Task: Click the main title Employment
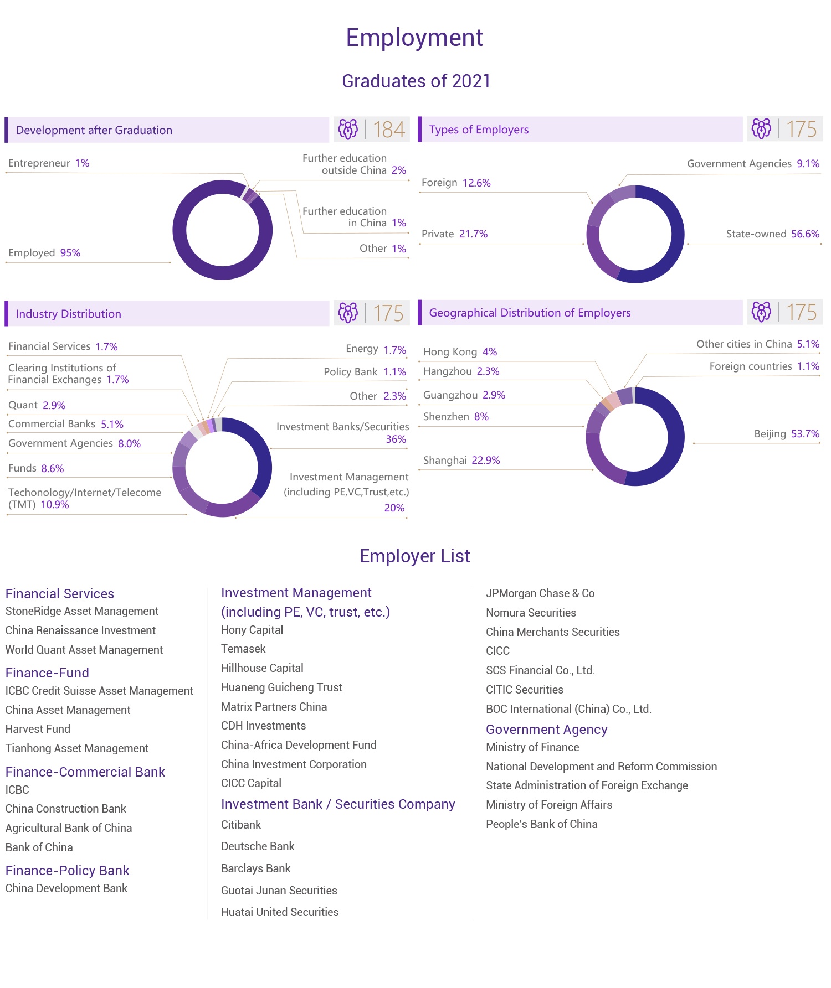click(x=414, y=38)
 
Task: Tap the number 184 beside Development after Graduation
click(x=389, y=130)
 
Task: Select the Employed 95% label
click(x=44, y=253)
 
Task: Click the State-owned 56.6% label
click(x=772, y=234)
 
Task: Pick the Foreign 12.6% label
click(x=456, y=183)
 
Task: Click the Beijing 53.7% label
click(x=786, y=434)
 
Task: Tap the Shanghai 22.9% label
click(x=461, y=461)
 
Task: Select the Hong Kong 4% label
click(x=460, y=352)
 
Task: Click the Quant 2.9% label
click(x=37, y=405)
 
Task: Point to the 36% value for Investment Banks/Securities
click(x=396, y=439)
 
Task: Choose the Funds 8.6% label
click(x=36, y=469)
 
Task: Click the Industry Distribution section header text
click(x=68, y=314)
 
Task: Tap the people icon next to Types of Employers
click(x=761, y=129)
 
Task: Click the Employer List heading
click(x=414, y=556)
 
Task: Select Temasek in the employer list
click(x=243, y=649)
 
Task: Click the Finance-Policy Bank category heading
click(x=67, y=871)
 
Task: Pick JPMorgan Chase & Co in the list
click(x=540, y=593)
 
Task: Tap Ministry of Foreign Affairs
click(x=549, y=805)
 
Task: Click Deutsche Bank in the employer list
click(x=258, y=846)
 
